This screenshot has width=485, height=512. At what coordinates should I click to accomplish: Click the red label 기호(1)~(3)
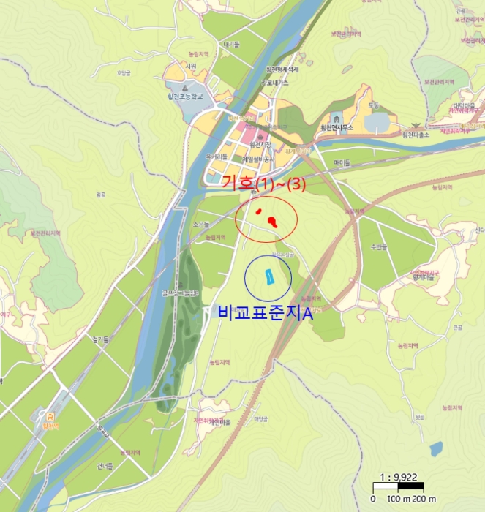(263, 184)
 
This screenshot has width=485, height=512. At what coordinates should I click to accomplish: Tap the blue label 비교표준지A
(266, 313)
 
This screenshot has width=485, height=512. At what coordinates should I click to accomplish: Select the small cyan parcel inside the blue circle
(268, 276)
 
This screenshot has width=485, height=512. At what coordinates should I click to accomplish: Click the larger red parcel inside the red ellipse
(273, 220)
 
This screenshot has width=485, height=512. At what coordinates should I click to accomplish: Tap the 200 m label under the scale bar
(424, 498)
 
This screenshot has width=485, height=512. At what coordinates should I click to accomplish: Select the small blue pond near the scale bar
(436, 449)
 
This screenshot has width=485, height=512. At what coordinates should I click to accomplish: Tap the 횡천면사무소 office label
(337, 127)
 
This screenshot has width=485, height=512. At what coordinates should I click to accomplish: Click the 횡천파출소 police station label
(416, 135)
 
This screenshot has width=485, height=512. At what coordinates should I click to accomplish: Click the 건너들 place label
(105, 464)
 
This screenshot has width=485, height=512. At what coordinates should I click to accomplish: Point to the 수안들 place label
(377, 246)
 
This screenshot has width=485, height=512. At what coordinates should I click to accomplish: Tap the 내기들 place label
(232, 45)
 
